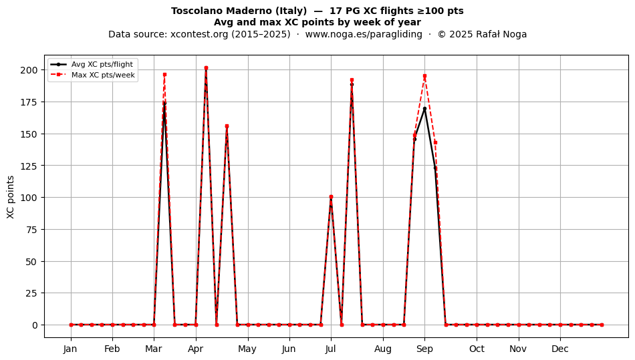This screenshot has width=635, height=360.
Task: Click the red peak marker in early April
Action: point(206,68)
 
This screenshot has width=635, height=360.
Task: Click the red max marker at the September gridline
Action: point(425,76)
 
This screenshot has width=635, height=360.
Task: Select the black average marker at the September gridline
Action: point(425,108)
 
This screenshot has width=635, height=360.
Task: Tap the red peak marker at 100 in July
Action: point(332,197)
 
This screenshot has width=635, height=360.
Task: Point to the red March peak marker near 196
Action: point(165,75)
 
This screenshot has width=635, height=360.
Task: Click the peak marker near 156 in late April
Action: point(227,126)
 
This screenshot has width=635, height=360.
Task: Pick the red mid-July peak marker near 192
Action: point(352,80)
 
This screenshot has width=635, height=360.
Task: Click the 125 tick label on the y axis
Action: point(30,166)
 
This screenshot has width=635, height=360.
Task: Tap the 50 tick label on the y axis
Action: point(32,261)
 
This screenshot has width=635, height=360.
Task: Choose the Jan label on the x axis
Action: point(70,349)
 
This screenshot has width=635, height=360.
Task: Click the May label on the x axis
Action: point(247,349)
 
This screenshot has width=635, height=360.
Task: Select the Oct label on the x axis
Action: point(477,349)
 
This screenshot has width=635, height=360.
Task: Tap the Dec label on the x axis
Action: point(560,349)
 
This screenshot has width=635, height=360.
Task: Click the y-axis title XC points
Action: point(11,197)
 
